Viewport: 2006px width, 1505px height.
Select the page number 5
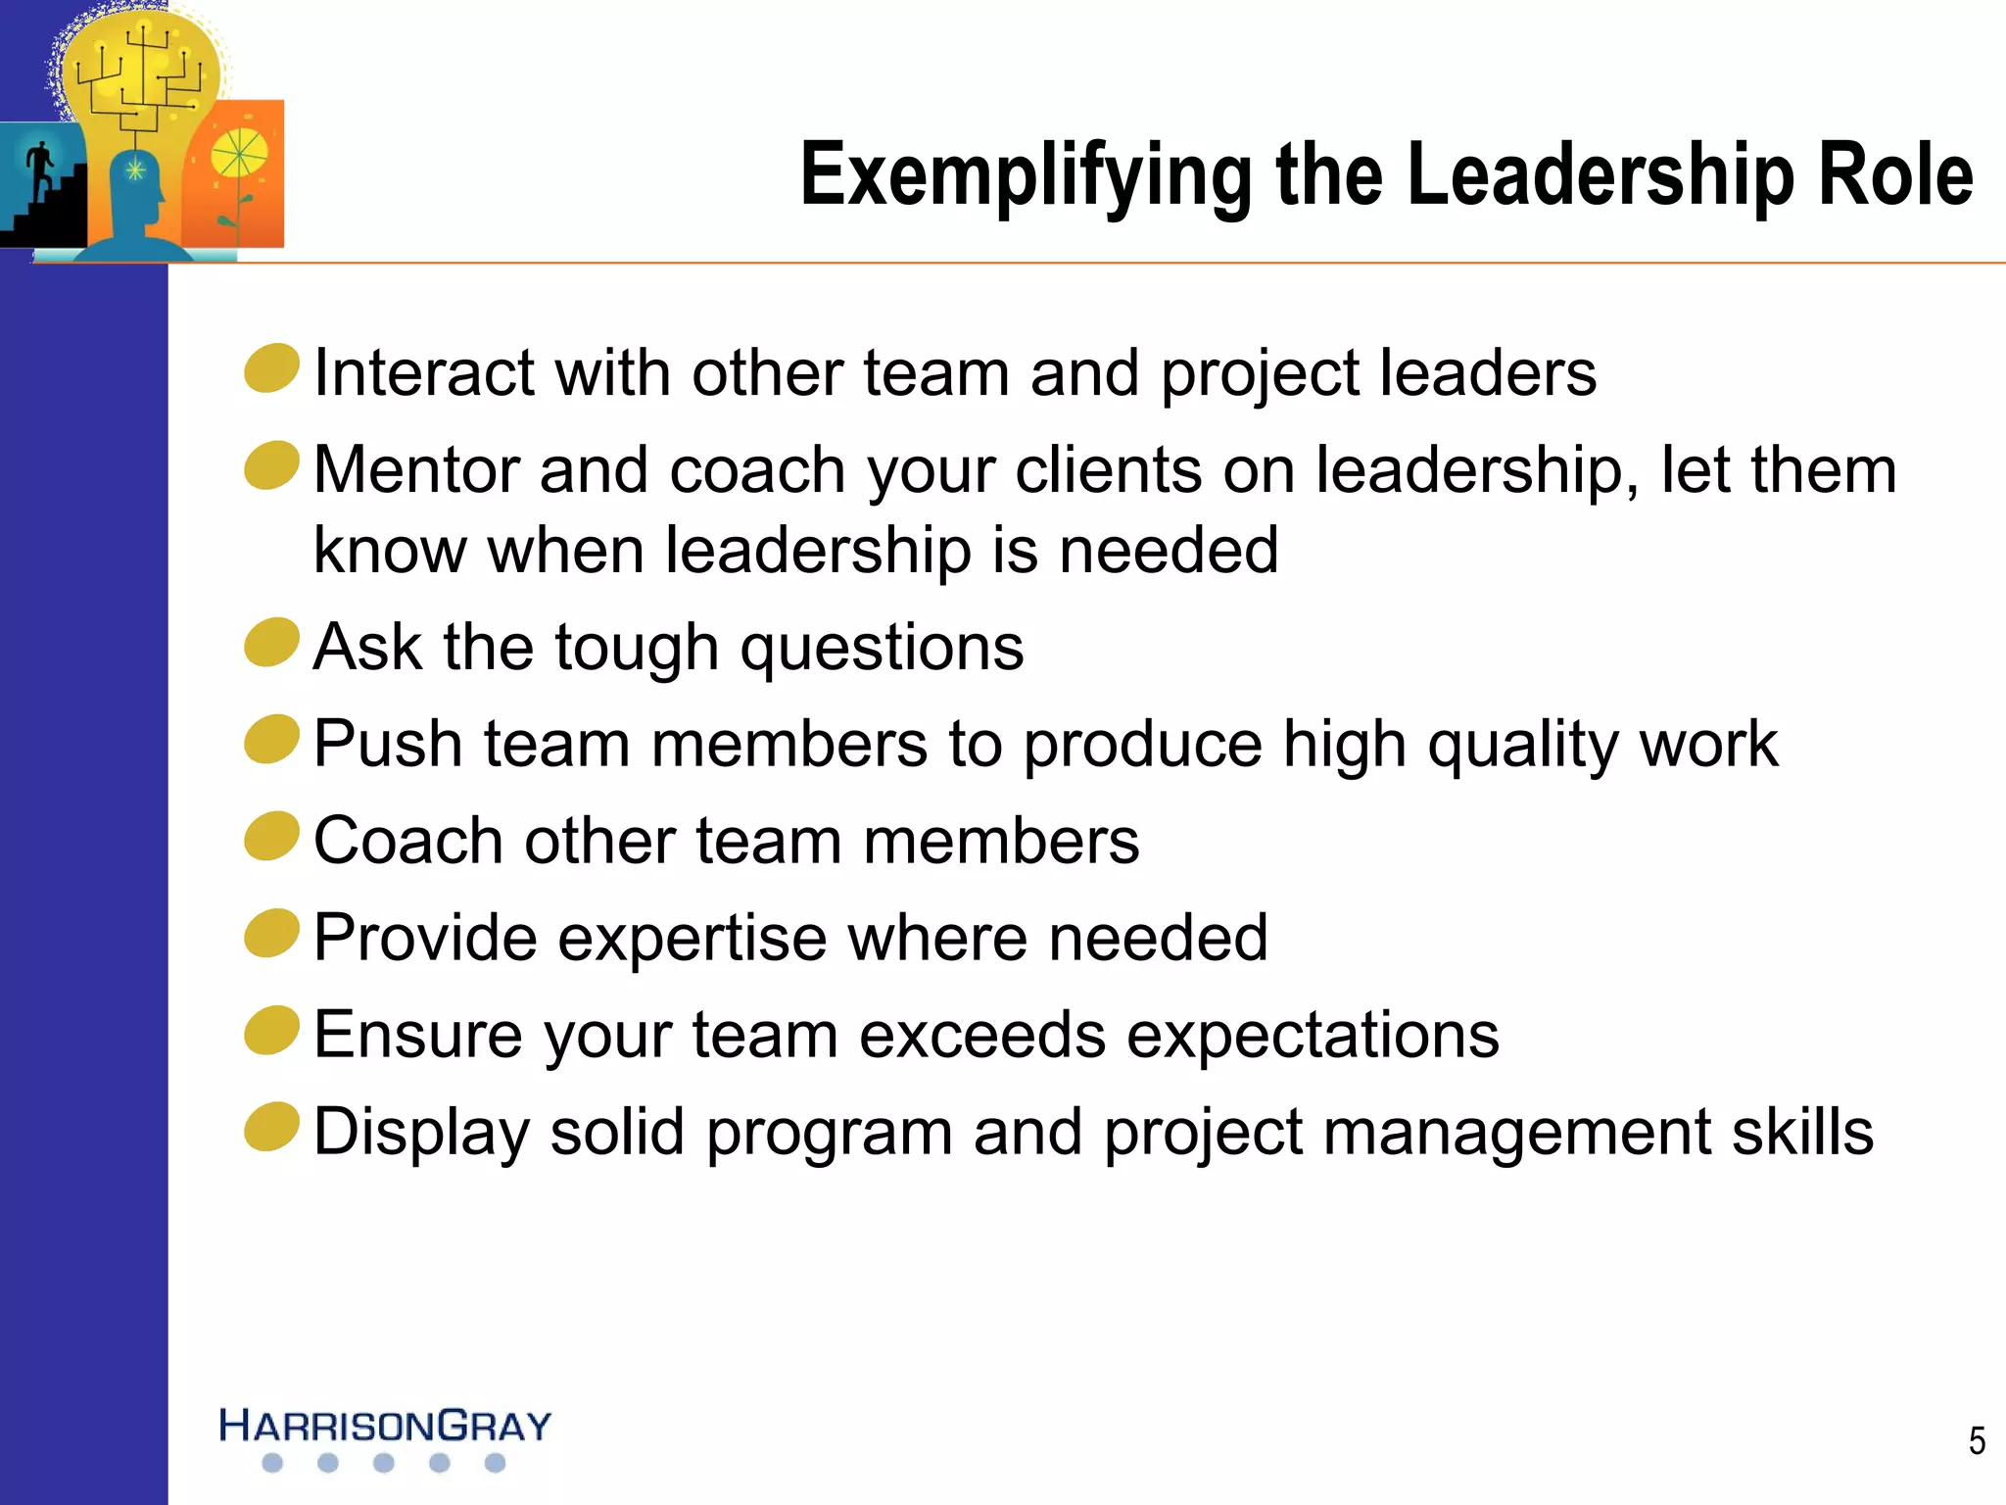(1977, 1440)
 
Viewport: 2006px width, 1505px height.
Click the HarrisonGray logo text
(385, 1426)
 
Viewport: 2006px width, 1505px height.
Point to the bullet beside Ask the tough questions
(271, 643)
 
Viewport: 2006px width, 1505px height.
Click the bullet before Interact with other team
(271, 368)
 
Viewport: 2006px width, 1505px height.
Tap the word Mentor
(415, 470)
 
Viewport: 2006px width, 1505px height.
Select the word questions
(882, 649)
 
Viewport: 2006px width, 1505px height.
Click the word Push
(387, 744)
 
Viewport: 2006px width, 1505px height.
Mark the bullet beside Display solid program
(271, 1128)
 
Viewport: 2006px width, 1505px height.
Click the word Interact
(423, 373)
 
